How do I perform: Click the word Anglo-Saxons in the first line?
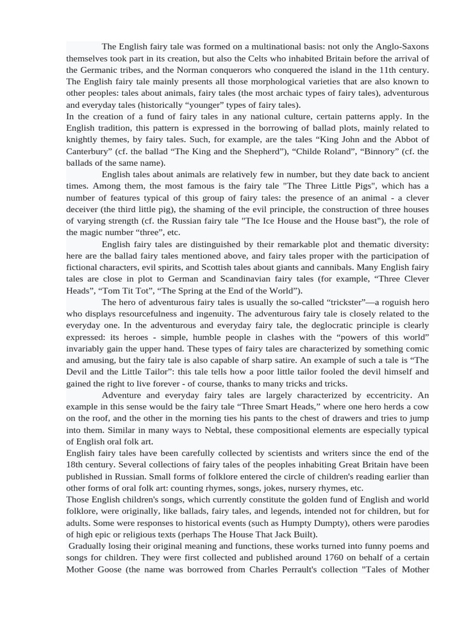[x=402, y=46]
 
